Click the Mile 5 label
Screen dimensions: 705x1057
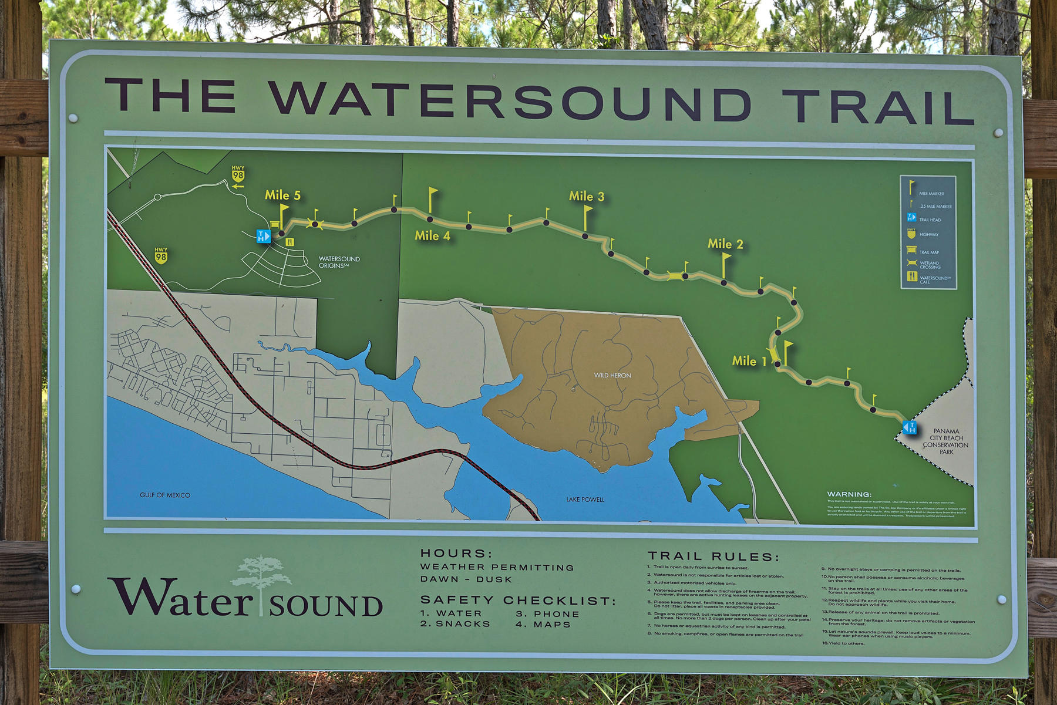pyautogui.click(x=282, y=195)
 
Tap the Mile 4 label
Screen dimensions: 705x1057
pyautogui.click(x=432, y=236)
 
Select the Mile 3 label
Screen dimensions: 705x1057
pyautogui.click(x=586, y=197)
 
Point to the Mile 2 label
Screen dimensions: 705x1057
pyautogui.click(x=725, y=244)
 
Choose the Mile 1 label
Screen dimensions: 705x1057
pyautogui.click(x=749, y=362)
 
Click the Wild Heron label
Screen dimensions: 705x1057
pyautogui.click(x=612, y=376)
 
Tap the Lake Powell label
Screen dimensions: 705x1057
pyautogui.click(x=585, y=500)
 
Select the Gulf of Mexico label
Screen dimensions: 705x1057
pyautogui.click(x=165, y=495)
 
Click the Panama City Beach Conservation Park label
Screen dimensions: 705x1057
pyautogui.click(x=945, y=441)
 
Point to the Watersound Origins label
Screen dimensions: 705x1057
pyautogui.click(x=339, y=262)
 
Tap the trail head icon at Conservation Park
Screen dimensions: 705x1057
pyautogui.click(x=910, y=427)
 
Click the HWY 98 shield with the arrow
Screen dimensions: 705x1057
pyautogui.click(x=238, y=176)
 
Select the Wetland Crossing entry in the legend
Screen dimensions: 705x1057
pyautogui.click(x=929, y=265)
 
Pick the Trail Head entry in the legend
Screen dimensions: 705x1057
pyautogui.click(x=929, y=220)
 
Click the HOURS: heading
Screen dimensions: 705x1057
pyautogui.click(x=456, y=554)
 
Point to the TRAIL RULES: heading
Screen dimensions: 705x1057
pyautogui.click(x=713, y=556)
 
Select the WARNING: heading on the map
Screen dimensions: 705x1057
pyautogui.click(x=849, y=494)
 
